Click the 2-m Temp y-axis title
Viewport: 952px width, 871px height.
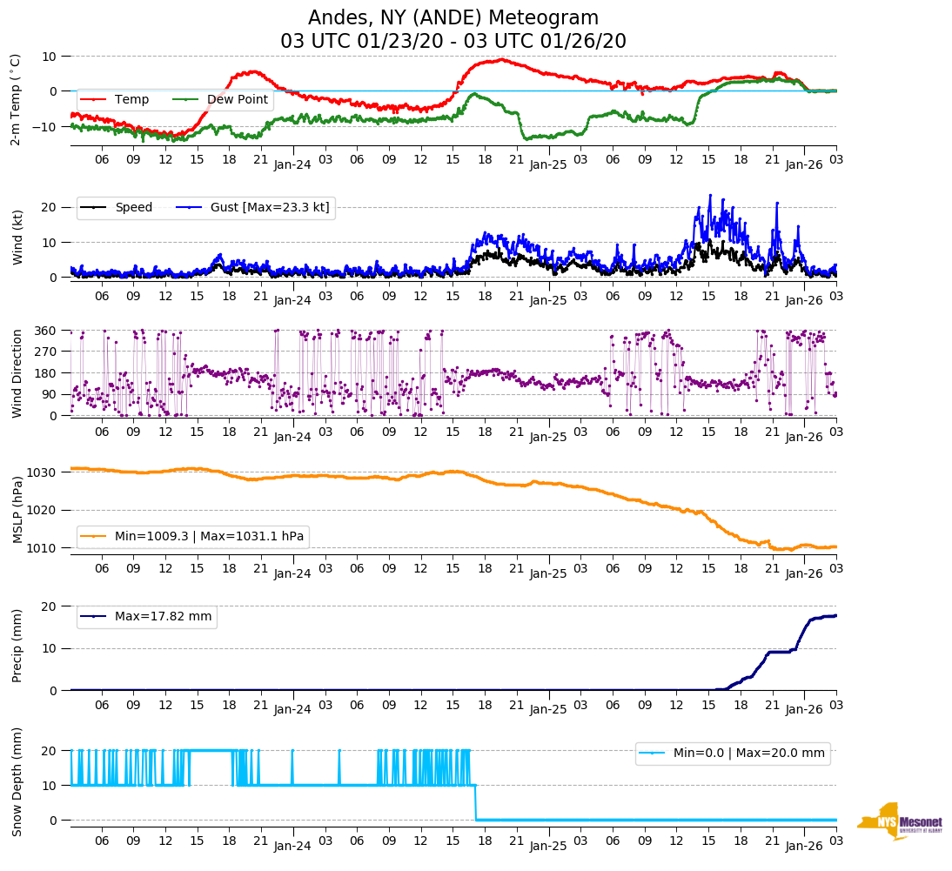[x=15, y=99]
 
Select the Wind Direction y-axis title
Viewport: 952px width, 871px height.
[x=17, y=373]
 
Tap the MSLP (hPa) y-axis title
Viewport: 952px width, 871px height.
[x=17, y=509]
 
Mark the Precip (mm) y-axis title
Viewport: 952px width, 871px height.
[x=17, y=647]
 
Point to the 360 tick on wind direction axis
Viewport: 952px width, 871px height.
[x=45, y=331]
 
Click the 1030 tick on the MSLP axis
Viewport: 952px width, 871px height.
[x=42, y=472]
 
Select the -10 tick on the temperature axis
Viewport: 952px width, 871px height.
[x=45, y=126]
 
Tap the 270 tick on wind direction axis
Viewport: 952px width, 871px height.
[x=45, y=352]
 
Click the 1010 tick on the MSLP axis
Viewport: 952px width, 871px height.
[x=42, y=547]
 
